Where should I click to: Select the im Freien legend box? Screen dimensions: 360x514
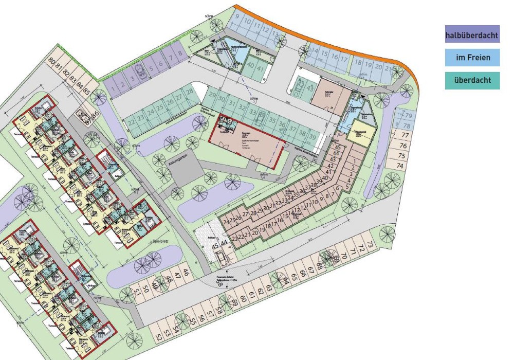point(472,57)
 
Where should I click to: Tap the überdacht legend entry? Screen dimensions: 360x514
point(472,80)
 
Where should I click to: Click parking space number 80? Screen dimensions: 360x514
point(51,61)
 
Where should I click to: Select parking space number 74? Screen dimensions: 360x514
point(400,166)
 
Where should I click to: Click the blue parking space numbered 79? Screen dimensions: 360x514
point(408,116)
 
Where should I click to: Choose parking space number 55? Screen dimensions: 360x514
point(193,321)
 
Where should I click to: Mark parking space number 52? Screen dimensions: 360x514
point(159,337)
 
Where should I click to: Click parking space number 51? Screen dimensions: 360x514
point(137,293)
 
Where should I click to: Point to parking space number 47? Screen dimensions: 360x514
point(178,276)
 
